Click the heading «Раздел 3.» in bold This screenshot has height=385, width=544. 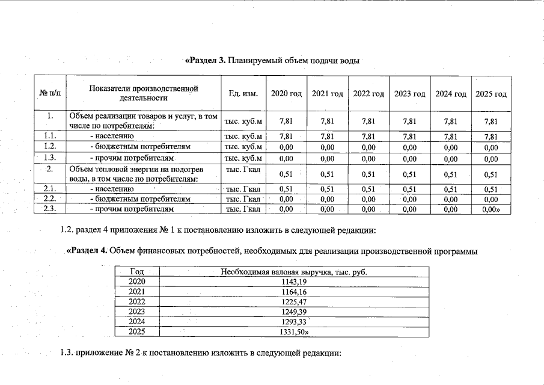[x=205, y=61]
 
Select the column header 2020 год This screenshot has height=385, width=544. [x=286, y=94]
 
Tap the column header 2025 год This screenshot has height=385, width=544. [x=491, y=94]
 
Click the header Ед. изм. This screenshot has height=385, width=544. [x=243, y=94]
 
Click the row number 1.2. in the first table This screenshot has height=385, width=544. [x=50, y=146]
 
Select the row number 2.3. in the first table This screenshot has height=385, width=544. [x=50, y=209]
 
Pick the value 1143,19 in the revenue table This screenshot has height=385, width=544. [x=294, y=282]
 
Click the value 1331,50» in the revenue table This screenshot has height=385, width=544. [x=295, y=332]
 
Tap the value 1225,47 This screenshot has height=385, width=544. [x=294, y=302]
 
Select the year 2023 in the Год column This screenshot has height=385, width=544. [x=138, y=312]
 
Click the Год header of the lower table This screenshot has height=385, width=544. [x=138, y=272]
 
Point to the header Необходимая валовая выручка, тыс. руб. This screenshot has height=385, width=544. [x=294, y=272]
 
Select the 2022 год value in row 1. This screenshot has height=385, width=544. [x=368, y=121]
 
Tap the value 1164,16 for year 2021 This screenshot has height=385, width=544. [x=294, y=292]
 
